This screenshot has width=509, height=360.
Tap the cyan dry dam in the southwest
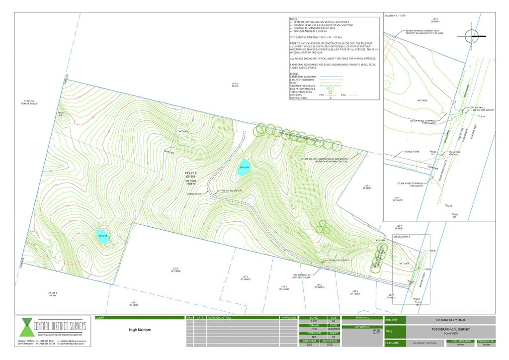point(103,238)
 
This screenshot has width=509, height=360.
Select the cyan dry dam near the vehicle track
point(244,166)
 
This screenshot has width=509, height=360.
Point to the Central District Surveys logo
point(50,330)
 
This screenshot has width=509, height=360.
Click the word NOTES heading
point(294,19)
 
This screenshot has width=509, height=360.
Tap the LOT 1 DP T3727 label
point(368,187)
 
